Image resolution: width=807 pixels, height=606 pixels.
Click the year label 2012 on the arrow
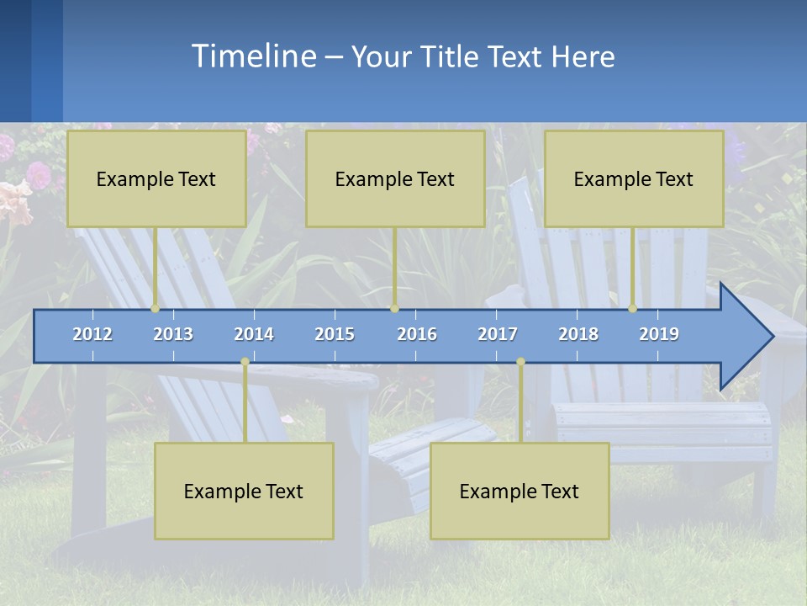click(92, 334)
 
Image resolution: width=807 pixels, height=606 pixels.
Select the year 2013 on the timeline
click(173, 334)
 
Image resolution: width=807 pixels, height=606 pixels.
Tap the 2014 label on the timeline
click(254, 334)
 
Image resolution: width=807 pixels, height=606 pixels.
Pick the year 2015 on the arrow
click(335, 334)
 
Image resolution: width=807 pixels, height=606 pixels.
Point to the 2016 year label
click(417, 334)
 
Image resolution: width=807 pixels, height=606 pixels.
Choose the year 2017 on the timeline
click(498, 334)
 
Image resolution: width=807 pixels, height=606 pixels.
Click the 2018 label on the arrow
click(578, 334)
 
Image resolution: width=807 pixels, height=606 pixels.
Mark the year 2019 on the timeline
click(659, 334)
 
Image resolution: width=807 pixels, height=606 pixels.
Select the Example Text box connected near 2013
click(156, 178)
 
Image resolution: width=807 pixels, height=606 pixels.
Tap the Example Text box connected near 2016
click(395, 178)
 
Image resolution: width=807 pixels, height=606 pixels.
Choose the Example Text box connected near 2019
click(634, 178)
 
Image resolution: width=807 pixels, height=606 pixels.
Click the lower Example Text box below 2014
click(244, 491)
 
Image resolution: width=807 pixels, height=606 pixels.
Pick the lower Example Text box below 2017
click(520, 491)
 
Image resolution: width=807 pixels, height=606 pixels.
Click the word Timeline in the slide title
click(252, 56)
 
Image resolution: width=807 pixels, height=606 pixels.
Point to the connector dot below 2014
click(245, 362)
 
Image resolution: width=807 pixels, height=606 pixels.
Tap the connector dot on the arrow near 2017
click(520, 362)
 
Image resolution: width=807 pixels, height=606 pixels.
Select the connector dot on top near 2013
click(156, 308)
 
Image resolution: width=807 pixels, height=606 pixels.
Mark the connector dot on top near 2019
click(633, 308)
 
